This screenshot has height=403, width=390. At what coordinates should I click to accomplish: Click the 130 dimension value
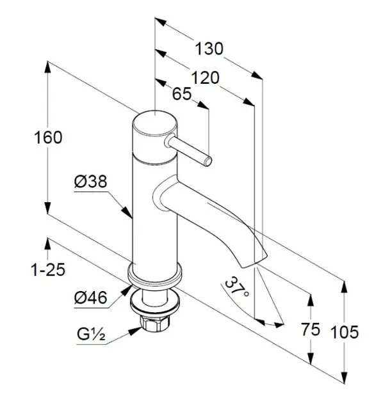[x=209, y=49]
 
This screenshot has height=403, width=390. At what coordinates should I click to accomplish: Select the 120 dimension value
[x=206, y=78]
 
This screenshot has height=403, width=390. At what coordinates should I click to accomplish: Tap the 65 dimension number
[x=182, y=94]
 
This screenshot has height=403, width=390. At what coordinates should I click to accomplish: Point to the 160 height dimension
[x=48, y=138]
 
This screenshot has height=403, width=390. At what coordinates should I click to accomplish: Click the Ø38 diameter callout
[x=90, y=182]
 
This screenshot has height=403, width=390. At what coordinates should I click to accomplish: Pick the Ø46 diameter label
[x=90, y=298]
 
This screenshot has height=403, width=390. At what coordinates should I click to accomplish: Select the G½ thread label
[x=91, y=334]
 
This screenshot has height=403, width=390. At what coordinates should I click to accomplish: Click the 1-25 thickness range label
[x=48, y=270]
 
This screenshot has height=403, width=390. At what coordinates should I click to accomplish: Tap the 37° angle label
[x=236, y=287]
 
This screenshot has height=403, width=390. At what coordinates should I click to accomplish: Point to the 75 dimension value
[x=311, y=329]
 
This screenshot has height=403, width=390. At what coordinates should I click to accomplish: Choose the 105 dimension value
[x=345, y=332]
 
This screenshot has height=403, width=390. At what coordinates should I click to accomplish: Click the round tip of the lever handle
[x=208, y=161]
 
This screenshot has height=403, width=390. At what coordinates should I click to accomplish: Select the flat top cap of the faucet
[x=155, y=123]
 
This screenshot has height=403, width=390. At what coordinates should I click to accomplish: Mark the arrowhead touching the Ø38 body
[x=127, y=212]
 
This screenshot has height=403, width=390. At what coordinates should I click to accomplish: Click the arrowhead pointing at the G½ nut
[x=136, y=331]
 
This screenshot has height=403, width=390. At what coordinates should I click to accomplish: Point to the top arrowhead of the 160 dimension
[x=47, y=68]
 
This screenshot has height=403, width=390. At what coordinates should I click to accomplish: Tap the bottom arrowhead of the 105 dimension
[x=344, y=377]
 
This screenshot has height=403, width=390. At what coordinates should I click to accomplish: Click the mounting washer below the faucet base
[x=155, y=302]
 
